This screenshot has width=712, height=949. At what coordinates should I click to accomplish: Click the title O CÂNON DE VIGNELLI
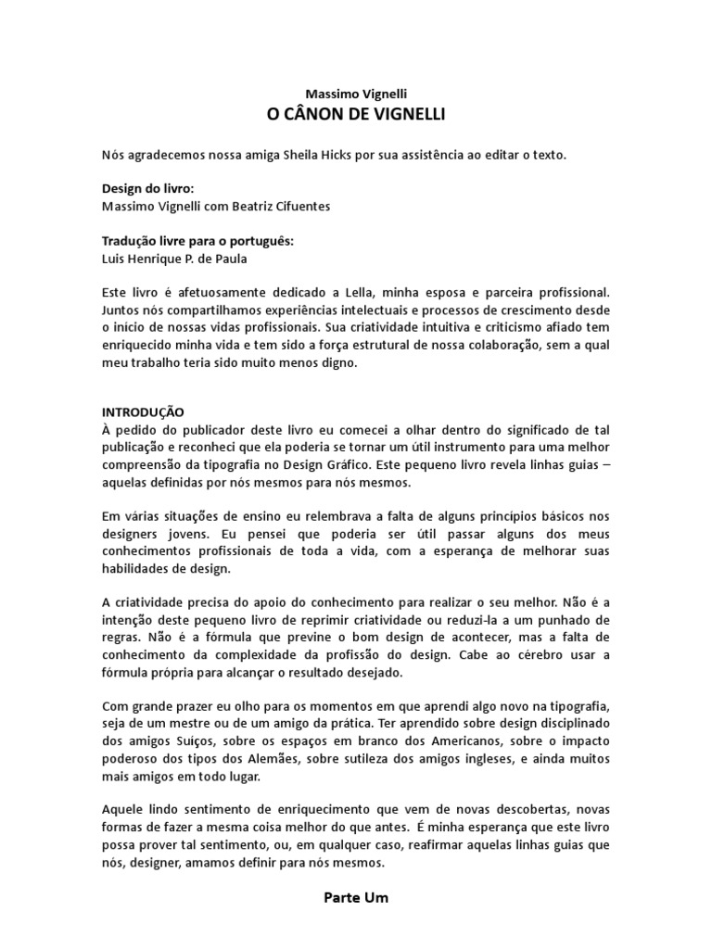point(355,115)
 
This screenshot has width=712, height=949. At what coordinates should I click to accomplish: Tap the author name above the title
point(356,94)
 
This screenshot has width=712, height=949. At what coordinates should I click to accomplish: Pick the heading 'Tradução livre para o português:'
point(197,241)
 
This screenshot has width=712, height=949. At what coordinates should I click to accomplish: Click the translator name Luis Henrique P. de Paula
point(174,259)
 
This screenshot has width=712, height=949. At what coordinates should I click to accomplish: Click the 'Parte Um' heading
point(356,898)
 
